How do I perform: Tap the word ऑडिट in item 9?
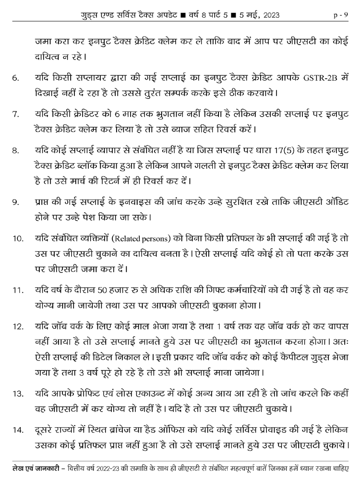(335, 202)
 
